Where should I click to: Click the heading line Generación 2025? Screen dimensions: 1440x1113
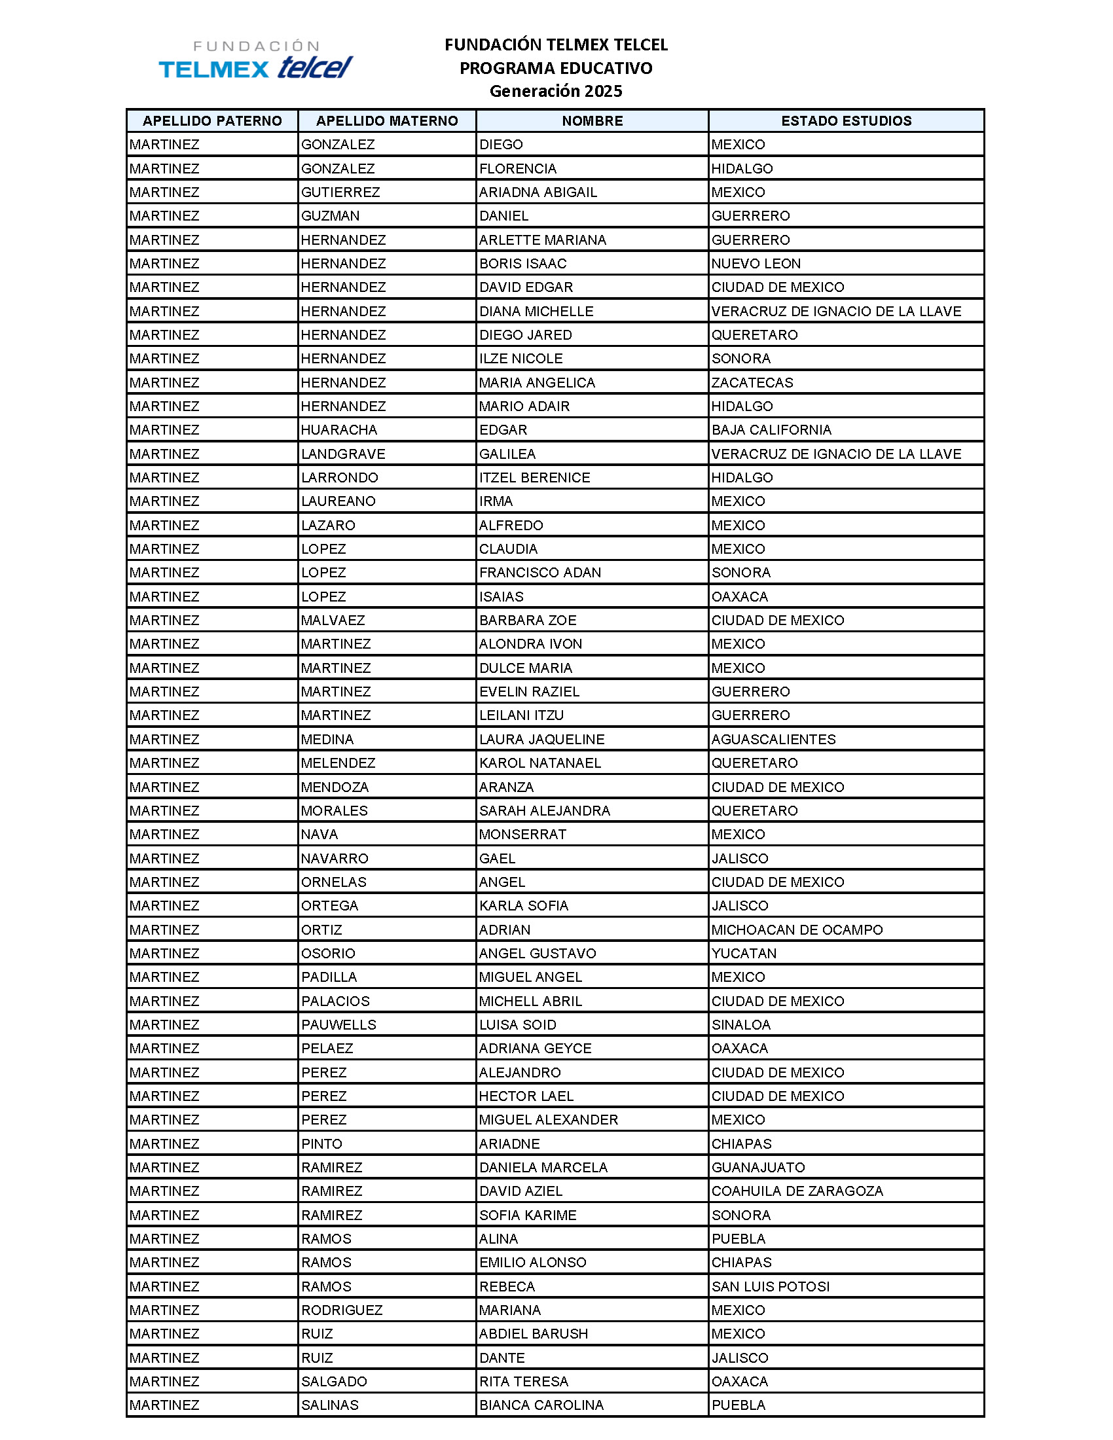pos(555,91)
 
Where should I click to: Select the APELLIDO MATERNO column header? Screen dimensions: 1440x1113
pos(386,120)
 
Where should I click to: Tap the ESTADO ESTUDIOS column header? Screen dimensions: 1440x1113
pos(846,120)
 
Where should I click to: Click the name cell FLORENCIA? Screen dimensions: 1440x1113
pos(518,169)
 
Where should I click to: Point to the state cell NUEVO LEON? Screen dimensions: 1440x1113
pos(756,264)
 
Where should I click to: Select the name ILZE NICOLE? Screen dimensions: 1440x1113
pos(521,359)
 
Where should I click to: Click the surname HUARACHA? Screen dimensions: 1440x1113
pos(339,430)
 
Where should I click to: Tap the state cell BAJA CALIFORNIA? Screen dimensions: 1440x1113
pos(771,430)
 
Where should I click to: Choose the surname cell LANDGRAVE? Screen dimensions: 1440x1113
pos(343,454)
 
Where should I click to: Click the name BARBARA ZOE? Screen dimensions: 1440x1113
pos(528,621)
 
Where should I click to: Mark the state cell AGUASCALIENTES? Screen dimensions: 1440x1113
pos(773,740)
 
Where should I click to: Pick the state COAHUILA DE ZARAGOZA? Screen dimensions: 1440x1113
pos(797,1191)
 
